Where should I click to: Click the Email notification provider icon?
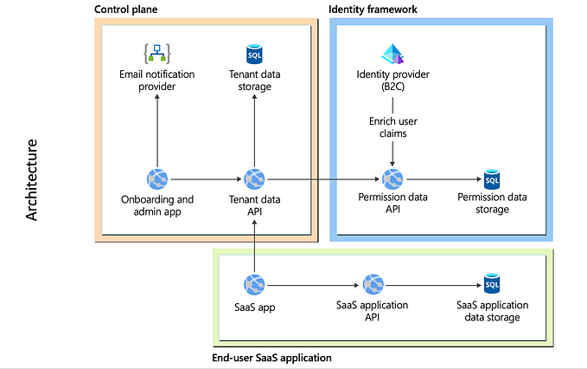[156, 55]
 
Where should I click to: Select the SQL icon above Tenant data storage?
[254, 55]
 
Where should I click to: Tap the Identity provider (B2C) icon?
[393, 55]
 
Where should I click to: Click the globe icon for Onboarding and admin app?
[156, 179]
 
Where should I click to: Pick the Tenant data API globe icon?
[254, 179]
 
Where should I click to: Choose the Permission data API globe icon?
[393, 179]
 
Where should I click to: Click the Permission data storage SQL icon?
[492, 179]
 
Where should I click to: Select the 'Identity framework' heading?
[373, 9]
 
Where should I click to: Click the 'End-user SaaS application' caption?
[271, 357]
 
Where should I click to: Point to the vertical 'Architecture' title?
[32, 178]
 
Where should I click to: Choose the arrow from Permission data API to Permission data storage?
[443, 180]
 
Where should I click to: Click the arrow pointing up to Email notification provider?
[156, 130]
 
